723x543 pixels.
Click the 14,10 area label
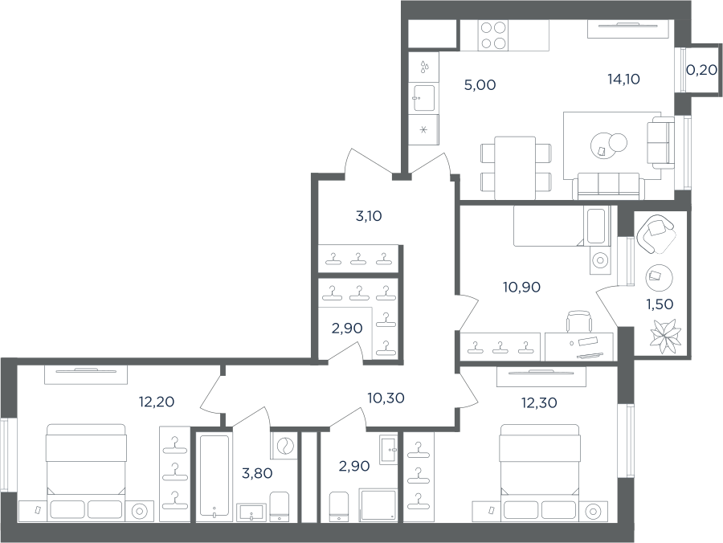click(623, 80)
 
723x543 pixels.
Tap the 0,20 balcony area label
click(701, 70)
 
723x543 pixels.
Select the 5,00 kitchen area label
click(480, 85)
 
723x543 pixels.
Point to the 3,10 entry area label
click(369, 216)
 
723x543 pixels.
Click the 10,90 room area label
click(521, 288)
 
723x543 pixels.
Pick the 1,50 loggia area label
click(660, 304)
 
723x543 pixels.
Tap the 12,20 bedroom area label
click(157, 402)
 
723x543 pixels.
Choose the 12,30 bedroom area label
click(539, 403)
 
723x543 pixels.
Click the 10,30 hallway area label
click(386, 398)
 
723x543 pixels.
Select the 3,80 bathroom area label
click(257, 473)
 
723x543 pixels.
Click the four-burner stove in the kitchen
click(494, 35)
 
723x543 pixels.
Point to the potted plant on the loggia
click(664, 335)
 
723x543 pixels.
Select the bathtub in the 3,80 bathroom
click(214, 476)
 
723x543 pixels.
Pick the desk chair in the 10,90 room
click(578, 320)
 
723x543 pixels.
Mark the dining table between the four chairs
click(515, 168)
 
